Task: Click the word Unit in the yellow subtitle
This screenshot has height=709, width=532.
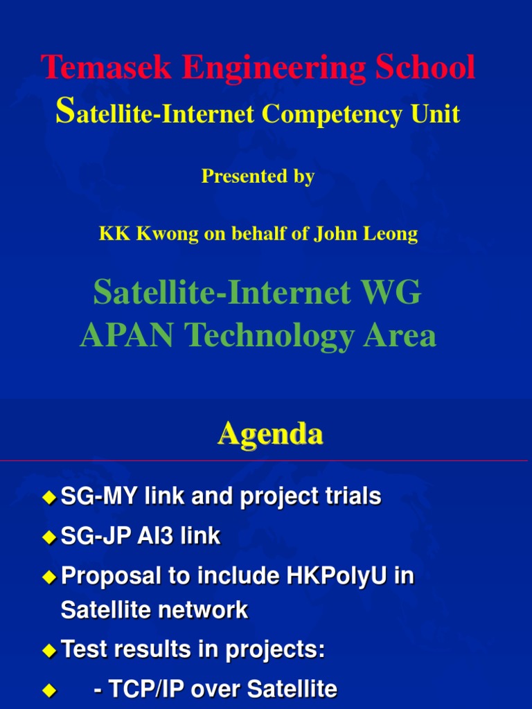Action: click(436, 114)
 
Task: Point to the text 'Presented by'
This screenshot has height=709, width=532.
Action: click(258, 177)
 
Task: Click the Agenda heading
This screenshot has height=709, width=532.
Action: click(270, 434)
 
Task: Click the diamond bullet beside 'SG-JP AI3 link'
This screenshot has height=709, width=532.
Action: click(48, 537)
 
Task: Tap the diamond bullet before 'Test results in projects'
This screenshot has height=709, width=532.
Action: click(48, 650)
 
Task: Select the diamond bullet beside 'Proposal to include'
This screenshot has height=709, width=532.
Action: click(48, 577)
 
